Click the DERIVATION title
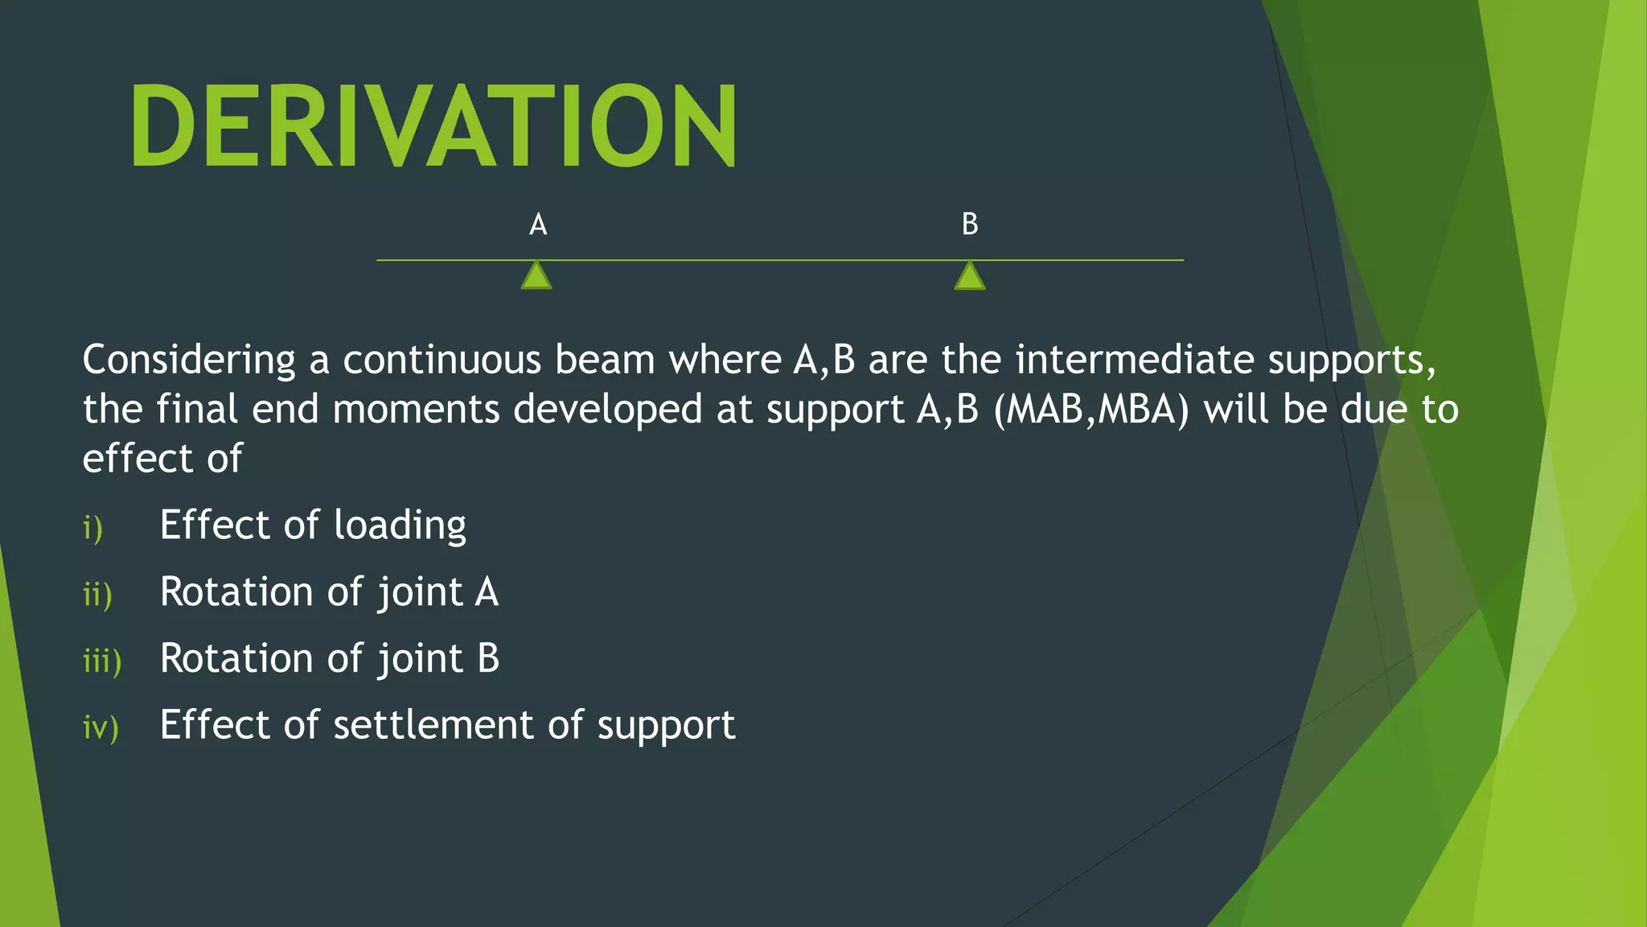pos(433,126)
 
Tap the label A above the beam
pos(538,225)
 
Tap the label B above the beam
pos(970,225)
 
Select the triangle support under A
pos(536,276)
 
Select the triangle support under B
pos(970,276)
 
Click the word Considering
pos(189,360)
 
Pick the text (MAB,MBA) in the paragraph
pos(1091,410)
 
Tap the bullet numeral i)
pos(93,529)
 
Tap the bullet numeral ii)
pos(97,595)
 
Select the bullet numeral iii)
pos(102,661)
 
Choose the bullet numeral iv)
pos(101,728)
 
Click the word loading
pos(400,526)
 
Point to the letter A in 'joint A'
pos(487,592)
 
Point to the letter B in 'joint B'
pos(488,659)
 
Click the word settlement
pos(433,725)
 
